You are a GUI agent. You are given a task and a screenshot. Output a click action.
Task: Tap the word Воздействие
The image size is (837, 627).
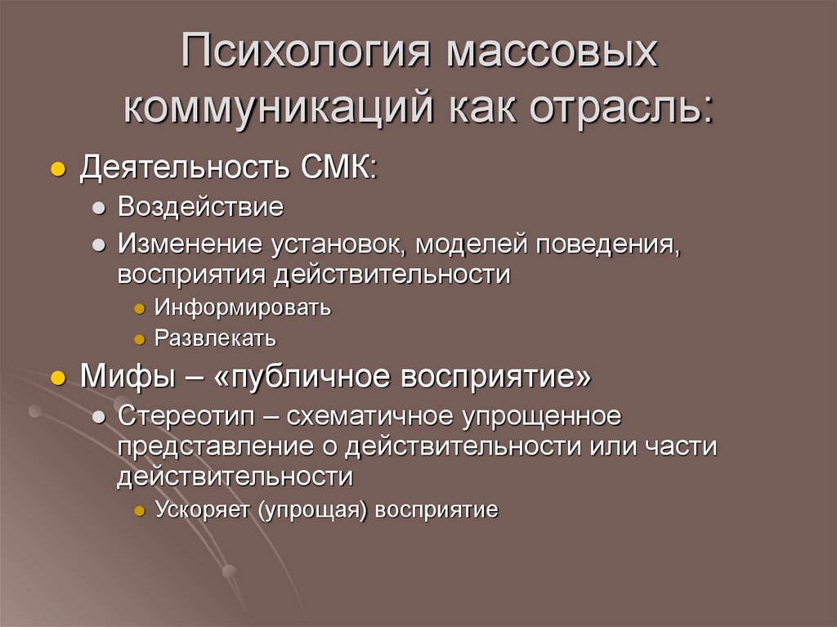(200, 208)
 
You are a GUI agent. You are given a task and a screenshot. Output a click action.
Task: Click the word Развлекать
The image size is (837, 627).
(216, 337)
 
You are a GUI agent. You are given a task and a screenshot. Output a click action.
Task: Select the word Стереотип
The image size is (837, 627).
(186, 415)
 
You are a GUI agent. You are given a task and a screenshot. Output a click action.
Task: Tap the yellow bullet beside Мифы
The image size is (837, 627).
(57, 379)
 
